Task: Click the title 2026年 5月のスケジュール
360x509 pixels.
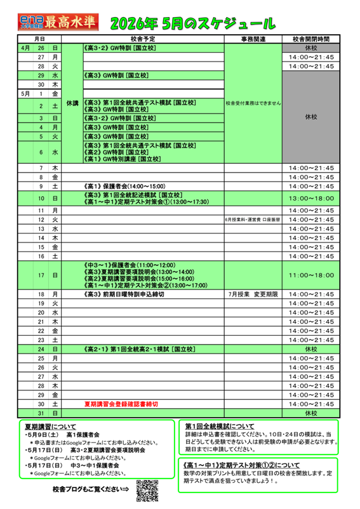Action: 193,24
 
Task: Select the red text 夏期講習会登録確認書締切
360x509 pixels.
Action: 121,404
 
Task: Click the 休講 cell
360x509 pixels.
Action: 72,103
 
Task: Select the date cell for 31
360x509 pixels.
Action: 40,413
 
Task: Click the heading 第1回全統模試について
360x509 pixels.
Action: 220,426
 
